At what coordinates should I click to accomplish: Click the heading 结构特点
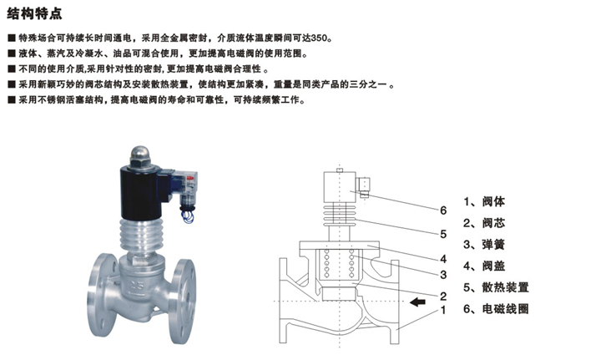34,13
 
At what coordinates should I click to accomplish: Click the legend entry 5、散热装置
496,287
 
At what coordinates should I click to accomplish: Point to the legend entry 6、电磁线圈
496,309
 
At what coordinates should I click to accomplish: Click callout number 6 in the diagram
443,210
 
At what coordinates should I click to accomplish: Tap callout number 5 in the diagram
443,234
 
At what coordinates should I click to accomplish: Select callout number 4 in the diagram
443,259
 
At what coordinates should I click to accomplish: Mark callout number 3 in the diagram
443,275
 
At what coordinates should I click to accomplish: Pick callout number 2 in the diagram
443,296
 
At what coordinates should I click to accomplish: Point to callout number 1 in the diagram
443,310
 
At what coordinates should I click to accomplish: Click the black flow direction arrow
417,302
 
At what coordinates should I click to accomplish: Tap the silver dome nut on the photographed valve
140,154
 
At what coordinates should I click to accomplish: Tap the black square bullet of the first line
12,38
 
